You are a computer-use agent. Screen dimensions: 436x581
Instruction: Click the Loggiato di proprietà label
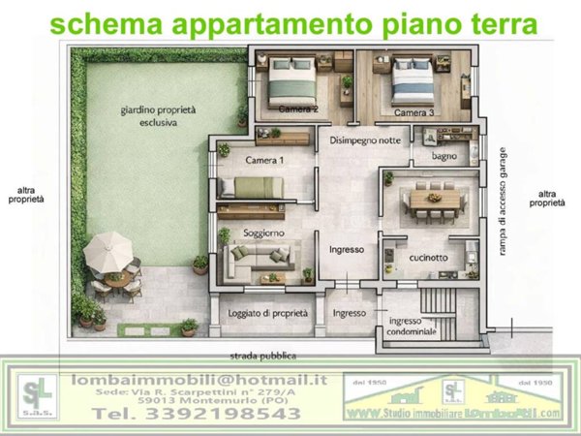pyautogui.click(x=267, y=313)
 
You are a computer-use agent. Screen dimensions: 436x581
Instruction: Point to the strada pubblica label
pyautogui.click(x=269, y=356)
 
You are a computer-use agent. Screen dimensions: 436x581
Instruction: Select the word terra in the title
pyautogui.click(x=490, y=23)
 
